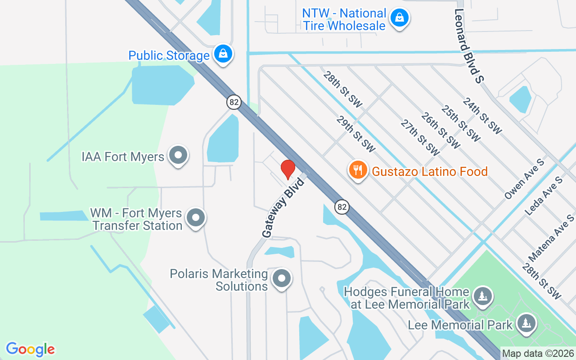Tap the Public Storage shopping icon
tap(223, 54)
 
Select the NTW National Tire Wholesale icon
tap(399, 18)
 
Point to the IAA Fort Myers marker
tap(178, 156)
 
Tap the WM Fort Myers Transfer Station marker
tap(196, 218)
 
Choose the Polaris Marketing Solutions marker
tap(282, 279)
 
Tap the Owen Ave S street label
tap(524, 179)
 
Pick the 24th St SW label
tap(482, 116)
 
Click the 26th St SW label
tap(441, 130)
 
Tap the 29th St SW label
tap(356, 134)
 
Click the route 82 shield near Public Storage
tap(234, 102)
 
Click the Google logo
tap(31, 349)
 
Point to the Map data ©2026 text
tap(538, 354)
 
